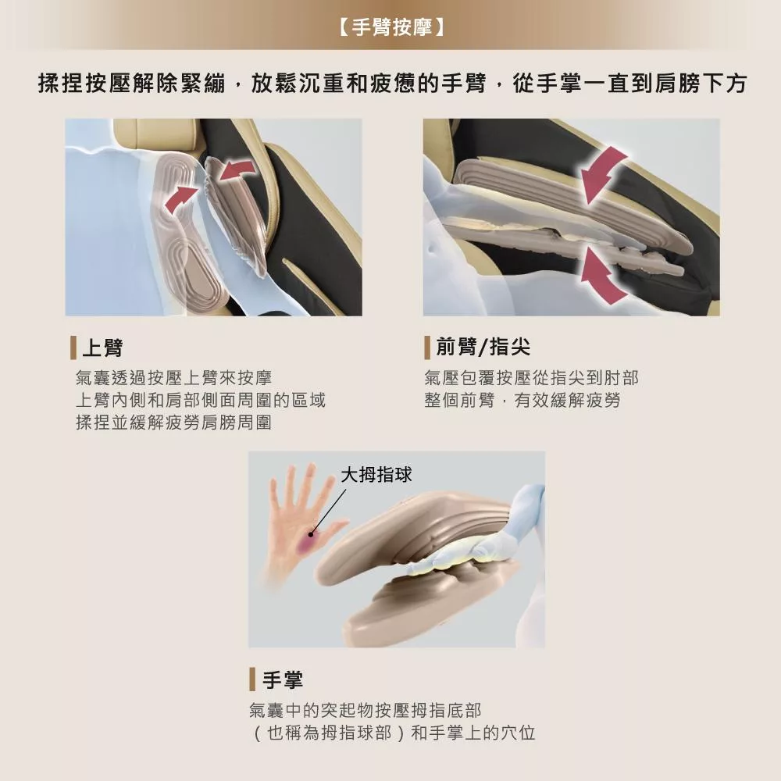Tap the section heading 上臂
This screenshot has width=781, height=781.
click(x=102, y=348)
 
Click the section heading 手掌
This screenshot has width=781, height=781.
click(x=282, y=679)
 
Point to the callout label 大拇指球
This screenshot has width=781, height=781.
click(x=376, y=474)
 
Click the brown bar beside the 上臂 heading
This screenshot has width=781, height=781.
click(x=73, y=348)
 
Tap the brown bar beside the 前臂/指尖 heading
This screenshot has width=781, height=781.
click(x=427, y=347)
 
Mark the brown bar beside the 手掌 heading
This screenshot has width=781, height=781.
click(x=252, y=679)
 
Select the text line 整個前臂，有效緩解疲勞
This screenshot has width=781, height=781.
click(x=522, y=401)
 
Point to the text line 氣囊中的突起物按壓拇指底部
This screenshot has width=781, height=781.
click(x=365, y=711)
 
